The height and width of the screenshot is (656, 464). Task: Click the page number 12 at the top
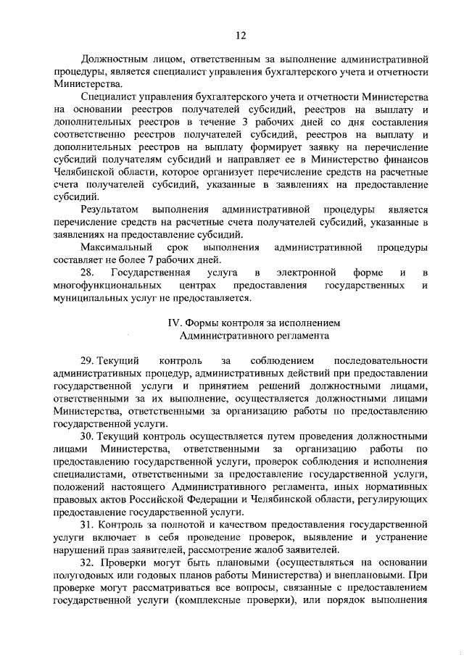point(241,34)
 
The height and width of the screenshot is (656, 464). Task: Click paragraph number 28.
point(87,273)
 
